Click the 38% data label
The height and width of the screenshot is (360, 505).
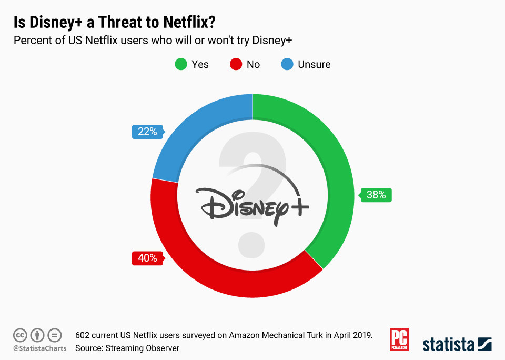[x=376, y=195]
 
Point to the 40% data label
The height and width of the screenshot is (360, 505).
[x=147, y=258]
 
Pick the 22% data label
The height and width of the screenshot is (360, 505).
[x=147, y=132]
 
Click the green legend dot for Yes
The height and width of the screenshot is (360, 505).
[x=180, y=65]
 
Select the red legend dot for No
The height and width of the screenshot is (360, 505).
[x=236, y=65]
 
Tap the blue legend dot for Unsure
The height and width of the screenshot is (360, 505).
[x=287, y=65]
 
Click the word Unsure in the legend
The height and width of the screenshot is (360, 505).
[x=314, y=65]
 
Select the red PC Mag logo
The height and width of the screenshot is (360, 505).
[x=399, y=339]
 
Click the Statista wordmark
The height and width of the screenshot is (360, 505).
[x=448, y=345]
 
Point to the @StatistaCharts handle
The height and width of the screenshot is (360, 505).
[x=40, y=348]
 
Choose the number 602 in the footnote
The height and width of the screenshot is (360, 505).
[x=83, y=335]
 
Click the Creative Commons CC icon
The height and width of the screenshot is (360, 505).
[x=20, y=335]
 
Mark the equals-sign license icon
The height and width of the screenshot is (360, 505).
[x=55, y=335]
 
